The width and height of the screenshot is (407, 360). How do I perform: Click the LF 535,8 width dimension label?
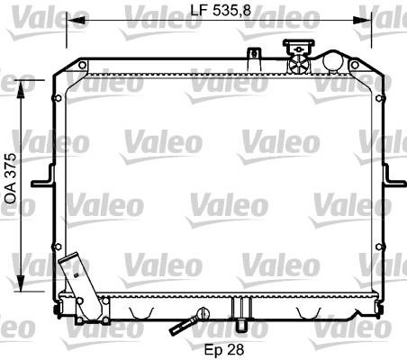pyautogui.click(x=221, y=10)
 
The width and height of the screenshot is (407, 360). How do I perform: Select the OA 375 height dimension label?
pyautogui.click(x=11, y=179)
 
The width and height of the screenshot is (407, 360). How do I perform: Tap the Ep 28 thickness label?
pyautogui.click(x=224, y=349)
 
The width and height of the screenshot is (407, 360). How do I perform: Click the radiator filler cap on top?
pyautogui.click(x=299, y=47)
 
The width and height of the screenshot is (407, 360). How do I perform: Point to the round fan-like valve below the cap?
pyautogui.click(x=299, y=64)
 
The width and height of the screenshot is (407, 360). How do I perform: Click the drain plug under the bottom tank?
pyautogui.click(x=240, y=326)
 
